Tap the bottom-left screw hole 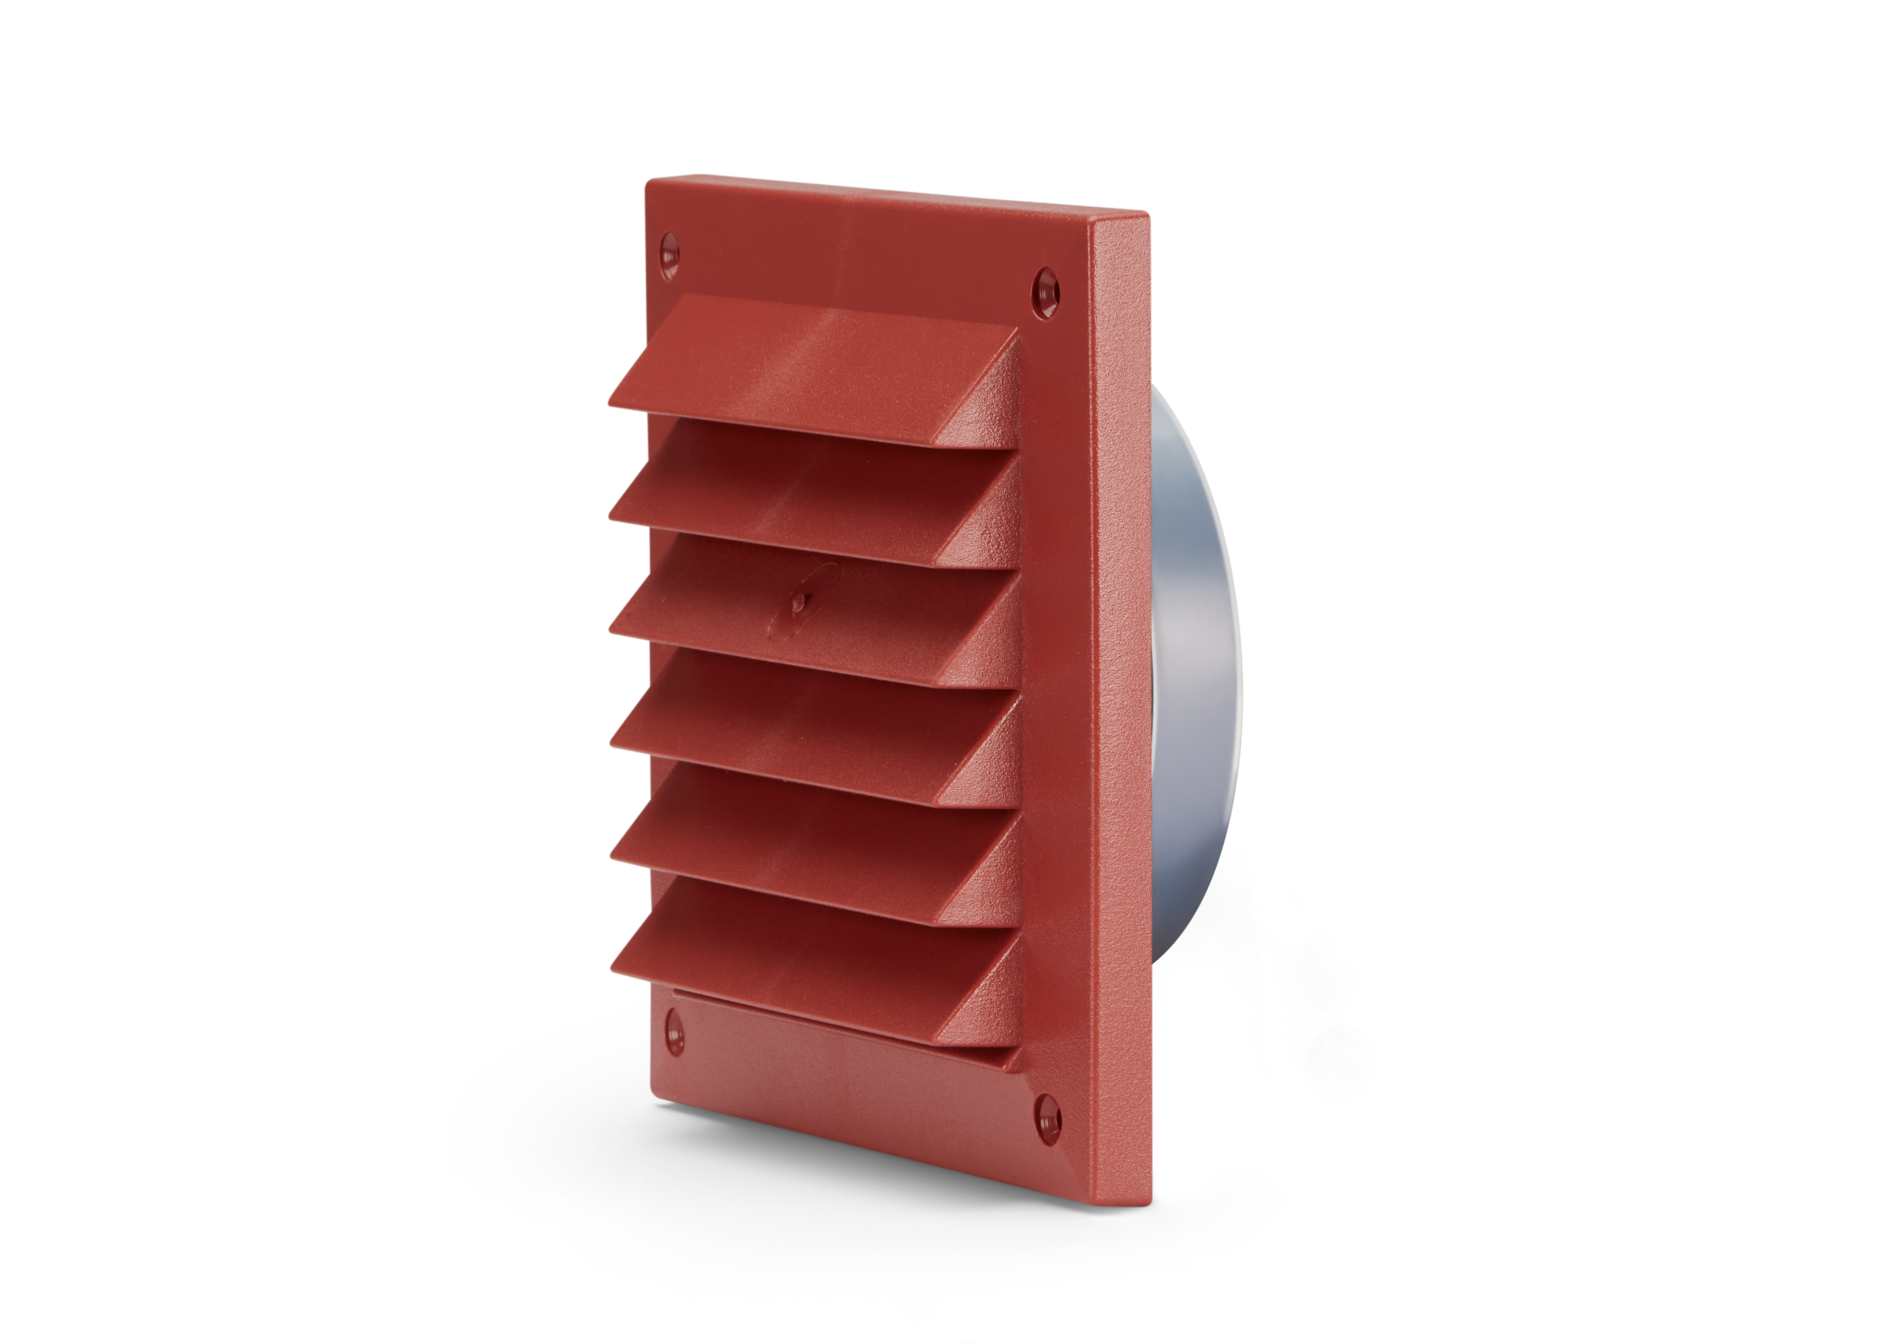point(674,1034)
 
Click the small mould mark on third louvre point(798,606)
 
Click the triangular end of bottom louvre point(989,993)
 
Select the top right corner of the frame point(1146,217)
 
